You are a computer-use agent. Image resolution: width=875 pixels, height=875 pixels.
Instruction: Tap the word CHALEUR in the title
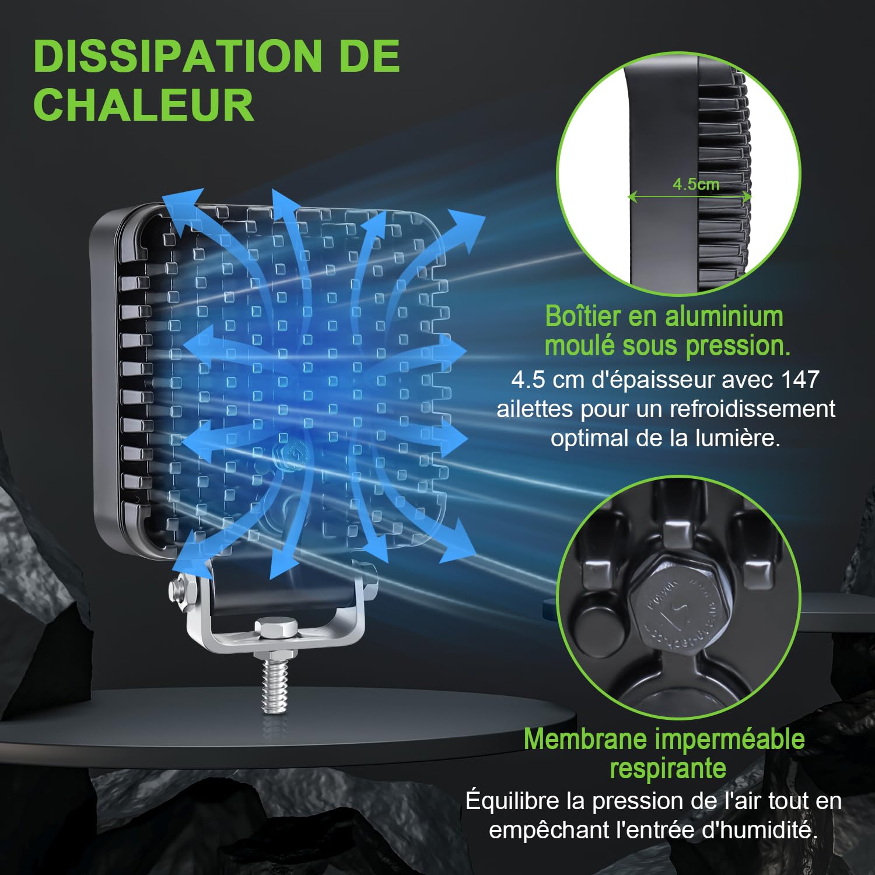point(143,105)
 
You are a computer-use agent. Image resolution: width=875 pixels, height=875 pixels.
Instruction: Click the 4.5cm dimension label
point(695,184)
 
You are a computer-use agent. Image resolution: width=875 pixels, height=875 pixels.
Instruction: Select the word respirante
point(667,769)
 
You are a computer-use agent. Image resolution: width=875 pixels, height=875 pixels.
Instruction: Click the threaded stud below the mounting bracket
point(274,682)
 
